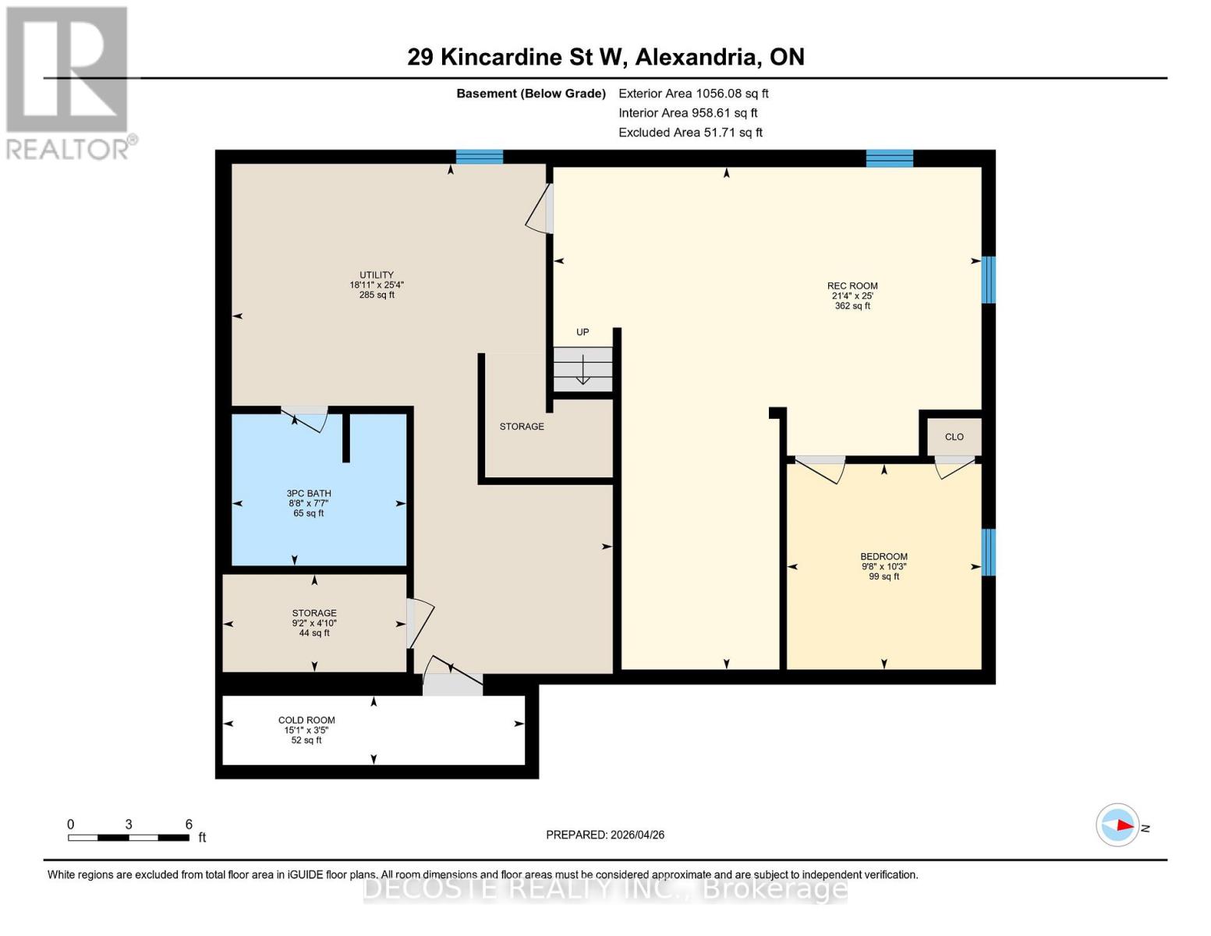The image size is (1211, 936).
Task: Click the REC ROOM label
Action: click(x=852, y=286)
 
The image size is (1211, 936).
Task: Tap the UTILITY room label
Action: click(x=376, y=275)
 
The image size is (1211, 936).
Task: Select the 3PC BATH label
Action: click(x=309, y=493)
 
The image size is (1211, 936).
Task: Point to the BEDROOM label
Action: click(x=883, y=557)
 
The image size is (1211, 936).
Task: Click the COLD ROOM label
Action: click(x=306, y=721)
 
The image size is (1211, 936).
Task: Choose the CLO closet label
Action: click(x=954, y=438)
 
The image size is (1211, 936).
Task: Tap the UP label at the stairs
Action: click(x=582, y=332)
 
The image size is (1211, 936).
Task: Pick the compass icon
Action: click(x=1117, y=824)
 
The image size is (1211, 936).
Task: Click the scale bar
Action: click(x=129, y=838)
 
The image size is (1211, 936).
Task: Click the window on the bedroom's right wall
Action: click(x=988, y=552)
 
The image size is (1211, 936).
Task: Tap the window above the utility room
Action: click(x=479, y=157)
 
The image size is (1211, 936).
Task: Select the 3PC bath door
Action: click(x=305, y=417)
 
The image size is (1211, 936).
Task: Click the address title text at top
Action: click(x=605, y=57)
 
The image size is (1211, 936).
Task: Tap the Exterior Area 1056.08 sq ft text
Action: click(x=693, y=94)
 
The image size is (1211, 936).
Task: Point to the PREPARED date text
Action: click(x=605, y=835)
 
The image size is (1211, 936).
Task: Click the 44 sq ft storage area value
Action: click(x=314, y=633)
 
